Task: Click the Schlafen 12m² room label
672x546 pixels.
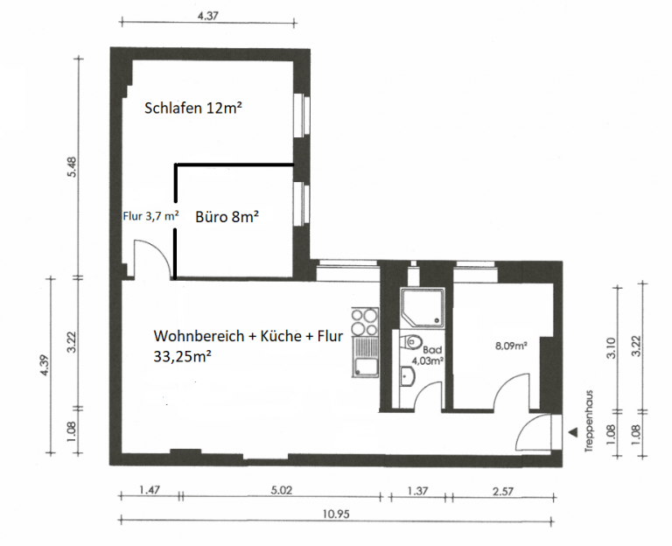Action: pyautogui.click(x=192, y=108)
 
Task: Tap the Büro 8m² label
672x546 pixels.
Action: pyautogui.click(x=227, y=217)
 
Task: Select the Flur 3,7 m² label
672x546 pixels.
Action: pyautogui.click(x=150, y=216)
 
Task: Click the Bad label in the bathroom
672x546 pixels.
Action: pyautogui.click(x=432, y=350)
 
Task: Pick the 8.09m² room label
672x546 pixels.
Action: pyautogui.click(x=511, y=346)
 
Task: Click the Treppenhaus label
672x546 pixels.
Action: pyautogui.click(x=589, y=421)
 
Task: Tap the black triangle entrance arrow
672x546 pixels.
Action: pyautogui.click(x=572, y=433)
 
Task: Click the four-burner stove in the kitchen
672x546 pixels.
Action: pyautogui.click(x=365, y=322)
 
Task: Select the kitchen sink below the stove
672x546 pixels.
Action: pyautogui.click(x=365, y=357)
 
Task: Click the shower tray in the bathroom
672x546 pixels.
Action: pyautogui.click(x=423, y=307)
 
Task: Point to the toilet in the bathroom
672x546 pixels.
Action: pyautogui.click(x=410, y=342)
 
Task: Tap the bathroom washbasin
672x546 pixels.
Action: pyautogui.click(x=407, y=376)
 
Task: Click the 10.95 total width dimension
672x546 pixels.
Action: pyautogui.click(x=336, y=514)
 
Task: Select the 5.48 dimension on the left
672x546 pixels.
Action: pyautogui.click(x=72, y=167)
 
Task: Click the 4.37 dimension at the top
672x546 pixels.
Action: pyautogui.click(x=208, y=17)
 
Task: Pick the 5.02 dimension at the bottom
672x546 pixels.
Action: pyautogui.click(x=281, y=490)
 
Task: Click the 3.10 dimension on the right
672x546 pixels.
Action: pyautogui.click(x=612, y=348)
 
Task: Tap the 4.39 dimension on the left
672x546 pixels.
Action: pyautogui.click(x=45, y=365)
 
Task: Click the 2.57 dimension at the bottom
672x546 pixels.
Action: pyautogui.click(x=503, y=491)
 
